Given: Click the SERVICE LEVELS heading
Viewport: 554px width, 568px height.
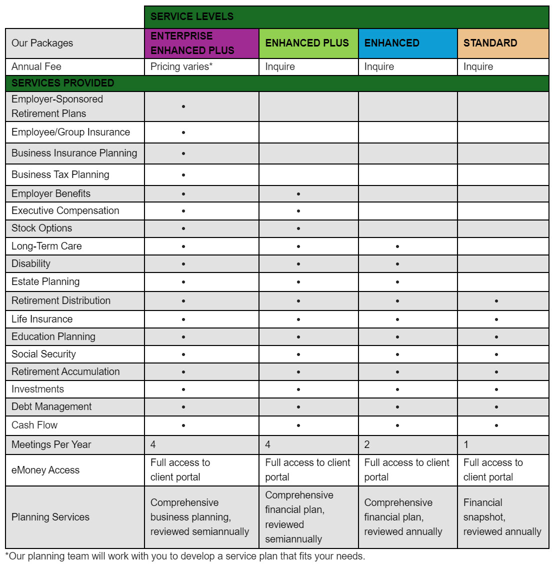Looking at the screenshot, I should point(192,16).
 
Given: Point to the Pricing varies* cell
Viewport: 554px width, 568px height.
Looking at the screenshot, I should point(181,66).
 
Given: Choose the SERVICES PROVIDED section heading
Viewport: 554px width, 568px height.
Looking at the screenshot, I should point(62,83).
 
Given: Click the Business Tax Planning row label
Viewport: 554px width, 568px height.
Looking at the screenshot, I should point(60,174).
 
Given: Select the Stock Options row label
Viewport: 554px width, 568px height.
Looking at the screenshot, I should point(41,228).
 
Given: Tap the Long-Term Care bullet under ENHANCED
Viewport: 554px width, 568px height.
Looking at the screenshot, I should point(397,246).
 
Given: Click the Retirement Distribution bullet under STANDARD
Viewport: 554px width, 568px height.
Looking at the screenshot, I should point(496,301).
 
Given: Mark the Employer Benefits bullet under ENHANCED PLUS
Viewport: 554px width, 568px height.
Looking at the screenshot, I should point(298,194).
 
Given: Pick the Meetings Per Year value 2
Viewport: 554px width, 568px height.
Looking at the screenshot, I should point(367,444).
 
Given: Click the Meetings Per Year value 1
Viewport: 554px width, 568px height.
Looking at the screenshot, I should point(466,444).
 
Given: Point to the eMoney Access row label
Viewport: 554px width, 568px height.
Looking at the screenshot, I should point(45,470).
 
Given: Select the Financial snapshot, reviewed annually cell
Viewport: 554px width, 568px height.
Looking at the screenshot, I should point(502,517).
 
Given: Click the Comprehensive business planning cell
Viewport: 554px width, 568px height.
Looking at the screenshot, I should point(199,517).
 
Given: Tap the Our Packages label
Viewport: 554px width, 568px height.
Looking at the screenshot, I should point(42,43).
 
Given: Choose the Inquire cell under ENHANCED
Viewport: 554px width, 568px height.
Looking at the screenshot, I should point(379,66).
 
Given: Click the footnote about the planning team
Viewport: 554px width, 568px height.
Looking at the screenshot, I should point(185,556).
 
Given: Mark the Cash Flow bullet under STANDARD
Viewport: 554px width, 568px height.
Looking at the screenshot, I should point(496,425).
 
